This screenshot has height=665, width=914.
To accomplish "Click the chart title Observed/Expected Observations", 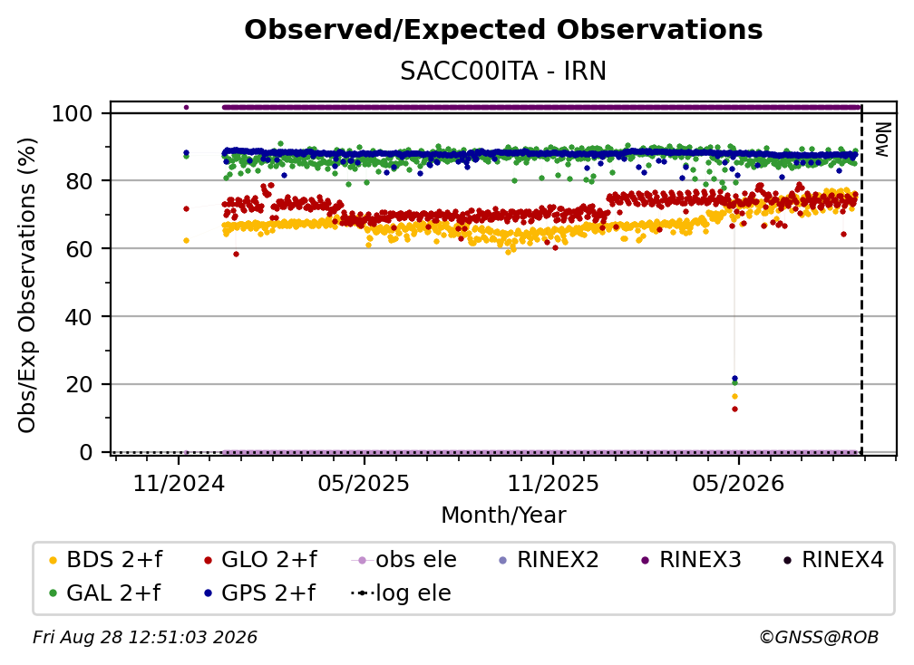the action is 503,30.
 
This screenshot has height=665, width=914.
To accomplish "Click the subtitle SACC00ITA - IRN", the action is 503,71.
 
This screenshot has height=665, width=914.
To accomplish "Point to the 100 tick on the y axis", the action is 73,113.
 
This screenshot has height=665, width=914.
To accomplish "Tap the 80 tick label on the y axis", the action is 79,181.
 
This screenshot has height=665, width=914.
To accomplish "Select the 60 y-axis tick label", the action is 79,248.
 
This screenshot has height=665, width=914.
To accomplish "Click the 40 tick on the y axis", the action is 79,317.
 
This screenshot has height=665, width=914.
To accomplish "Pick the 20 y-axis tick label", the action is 79,384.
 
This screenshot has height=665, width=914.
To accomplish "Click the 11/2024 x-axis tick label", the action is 179,483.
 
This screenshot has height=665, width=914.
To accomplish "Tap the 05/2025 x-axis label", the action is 364,483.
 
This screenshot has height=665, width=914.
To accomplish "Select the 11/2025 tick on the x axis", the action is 553,483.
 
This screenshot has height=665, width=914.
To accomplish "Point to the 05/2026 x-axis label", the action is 738,483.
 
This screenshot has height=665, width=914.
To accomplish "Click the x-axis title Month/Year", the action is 503,515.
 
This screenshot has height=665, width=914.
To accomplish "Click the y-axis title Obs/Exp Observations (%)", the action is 27,285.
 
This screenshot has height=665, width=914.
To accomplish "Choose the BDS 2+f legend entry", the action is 105,560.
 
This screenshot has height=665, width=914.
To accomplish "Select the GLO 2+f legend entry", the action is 260,560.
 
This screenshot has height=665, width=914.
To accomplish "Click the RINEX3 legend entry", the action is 691,560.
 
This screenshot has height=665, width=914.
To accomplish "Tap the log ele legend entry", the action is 401,593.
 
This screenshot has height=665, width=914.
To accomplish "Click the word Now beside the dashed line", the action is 882,140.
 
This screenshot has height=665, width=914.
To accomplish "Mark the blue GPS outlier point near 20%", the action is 734,379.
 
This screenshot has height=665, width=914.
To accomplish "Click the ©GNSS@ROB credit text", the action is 819,637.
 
